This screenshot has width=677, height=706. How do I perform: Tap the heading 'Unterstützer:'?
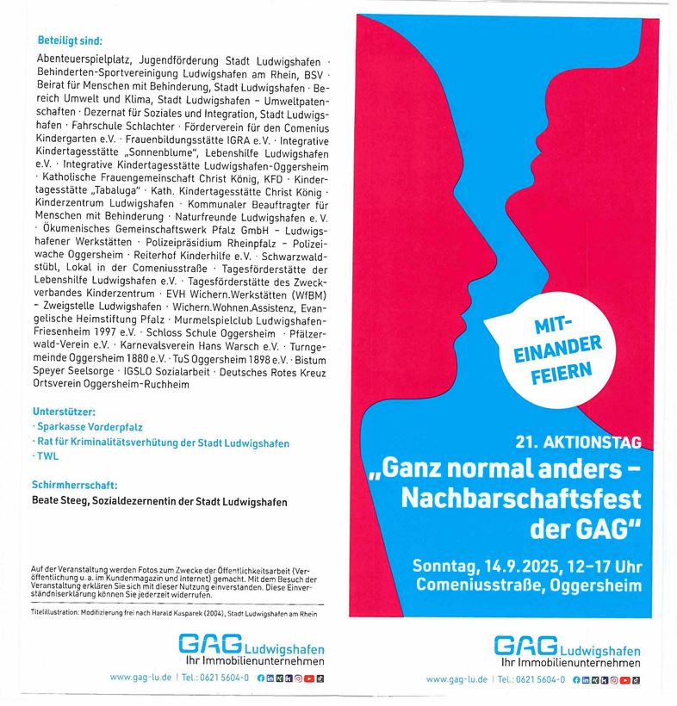pyautogui.click(x=64, y=412)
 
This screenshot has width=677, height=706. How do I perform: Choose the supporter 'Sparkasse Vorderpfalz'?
pyautogui.click(x=89, y=427)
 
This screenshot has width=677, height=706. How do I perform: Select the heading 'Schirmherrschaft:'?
pyautogui.click(x=74, y=486)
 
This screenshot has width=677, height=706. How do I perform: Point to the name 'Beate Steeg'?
pyautogui.click(x=62, y=501)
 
